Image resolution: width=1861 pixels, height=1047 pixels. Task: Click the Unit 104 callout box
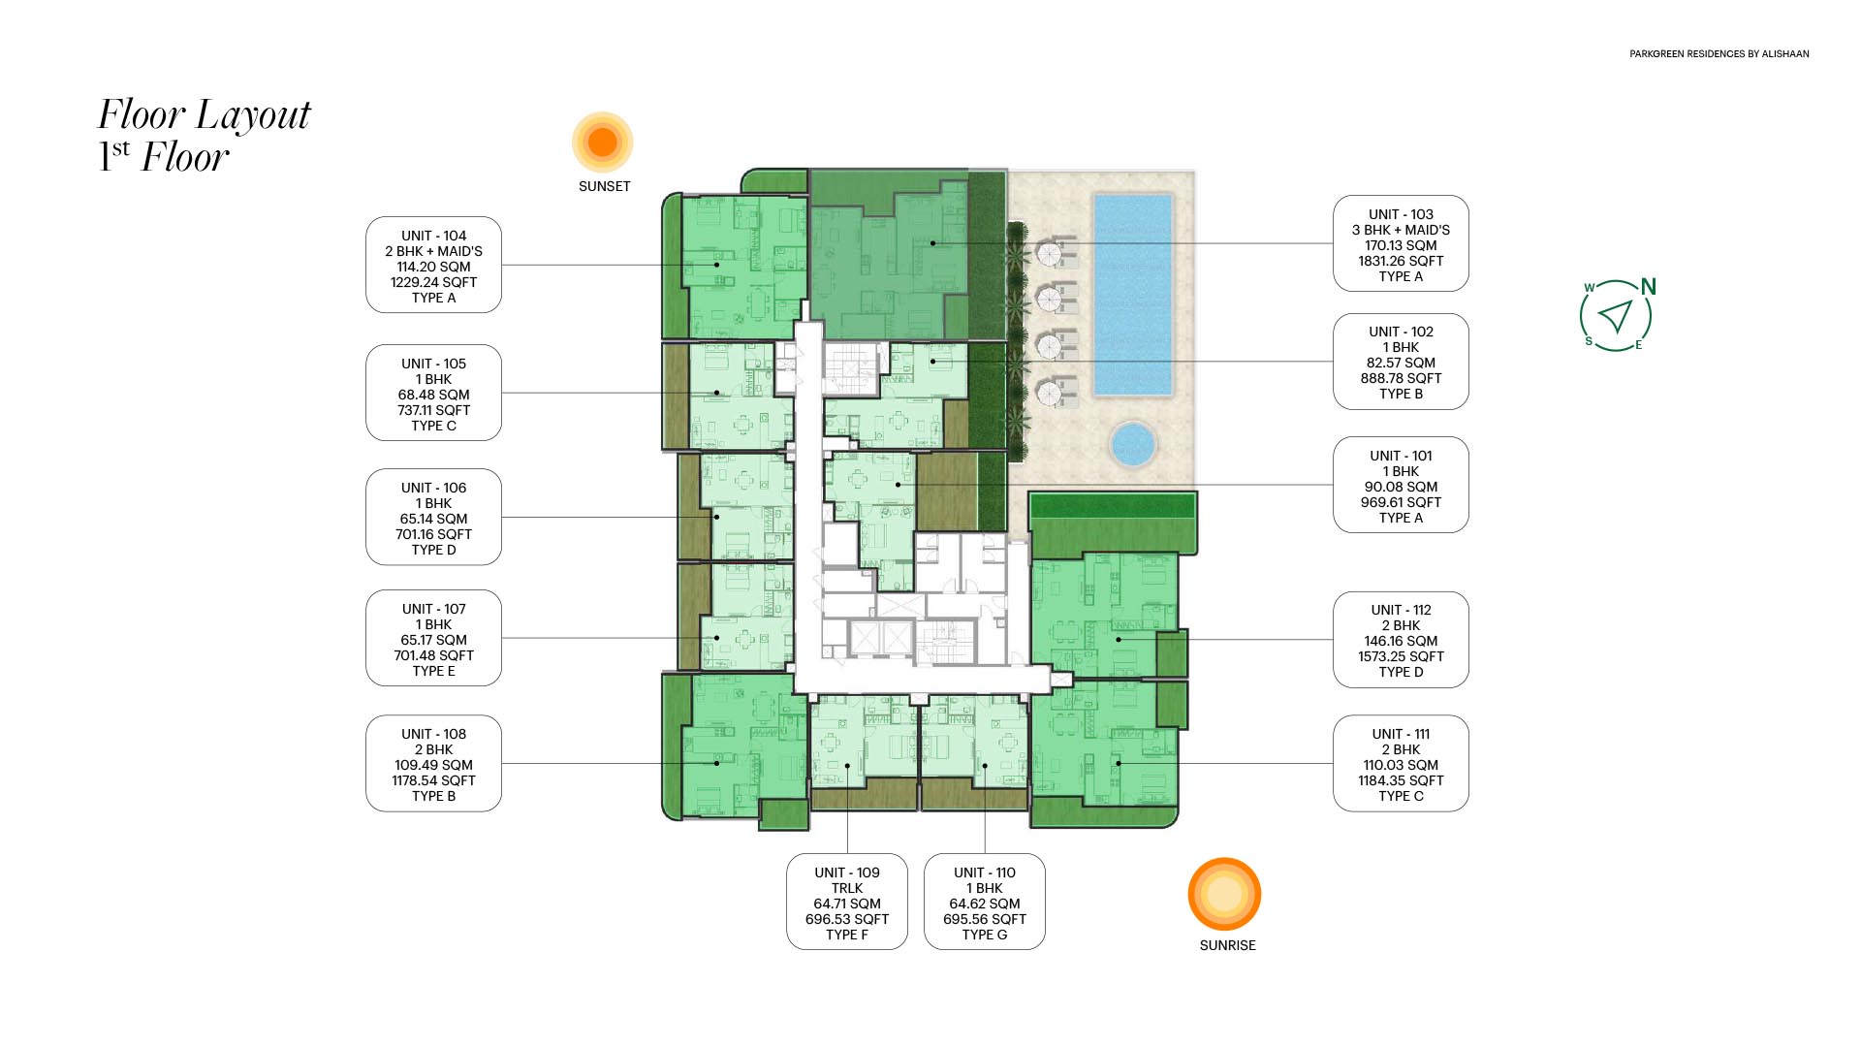pyautogui.click(x=433, y=265)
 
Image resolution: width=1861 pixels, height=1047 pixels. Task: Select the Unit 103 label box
pyautogui.click(x=1401, y=243)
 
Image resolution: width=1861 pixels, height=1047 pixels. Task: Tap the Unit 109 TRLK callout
pyautogui.click(x=847, y=902)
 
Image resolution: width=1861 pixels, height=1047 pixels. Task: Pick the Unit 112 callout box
pyautogui.click(x=1401, y=640)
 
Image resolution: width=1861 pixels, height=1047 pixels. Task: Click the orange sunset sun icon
pyautogui.click(x=603, y=142)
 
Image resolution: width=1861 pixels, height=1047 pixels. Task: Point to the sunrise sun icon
pyautogui.click(x=1225, y=894)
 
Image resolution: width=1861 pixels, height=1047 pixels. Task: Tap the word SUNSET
pyautogui.click(x=605, y=186)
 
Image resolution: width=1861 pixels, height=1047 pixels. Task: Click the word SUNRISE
pyautogui.click(x=1227, y=945)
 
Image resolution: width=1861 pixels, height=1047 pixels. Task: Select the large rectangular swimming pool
pyautogui.click(x=1133, y=295)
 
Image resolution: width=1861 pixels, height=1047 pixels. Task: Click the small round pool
pyautogui.click(x=1132, y=445)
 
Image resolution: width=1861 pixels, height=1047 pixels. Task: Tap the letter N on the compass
pyautogui.click(x=1649, y=287)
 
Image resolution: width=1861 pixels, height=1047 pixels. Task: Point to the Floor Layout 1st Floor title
pyautogui.click(x=205, y=135)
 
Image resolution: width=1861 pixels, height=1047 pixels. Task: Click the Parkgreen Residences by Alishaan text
pyautogui.click(x=1719, y=54)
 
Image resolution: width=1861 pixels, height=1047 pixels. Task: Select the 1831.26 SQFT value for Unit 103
pyautogui.click(x=1401, y=261)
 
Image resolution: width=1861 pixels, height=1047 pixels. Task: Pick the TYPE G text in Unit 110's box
pyautogui.click(x=985, y=935)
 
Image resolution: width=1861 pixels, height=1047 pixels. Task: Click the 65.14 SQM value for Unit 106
pyautogui.click(x=433, y=519)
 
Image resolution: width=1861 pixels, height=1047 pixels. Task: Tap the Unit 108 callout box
pyautogui.click(x=433, y=763)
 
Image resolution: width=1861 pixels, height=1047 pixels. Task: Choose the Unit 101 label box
pyautogui.click(x=1401, y=485)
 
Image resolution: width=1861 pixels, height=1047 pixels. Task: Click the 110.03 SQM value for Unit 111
pyautogui.click(x=1401, y=765)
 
